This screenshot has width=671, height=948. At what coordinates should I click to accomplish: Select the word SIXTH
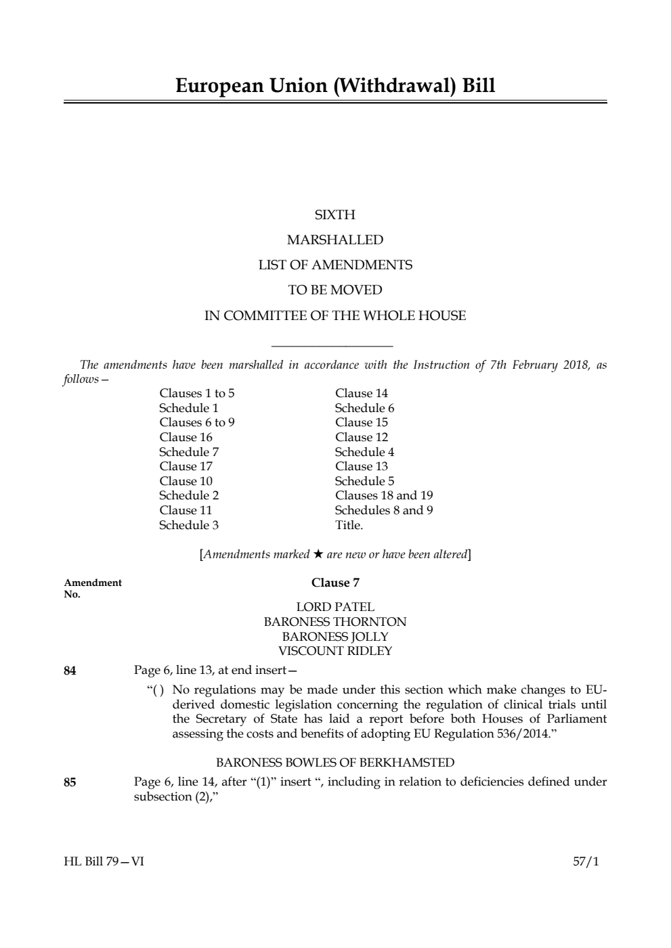[335, 215]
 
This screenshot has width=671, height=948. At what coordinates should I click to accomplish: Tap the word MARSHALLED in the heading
[335, 240]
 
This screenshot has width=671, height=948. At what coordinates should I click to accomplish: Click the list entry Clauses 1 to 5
[197, 393]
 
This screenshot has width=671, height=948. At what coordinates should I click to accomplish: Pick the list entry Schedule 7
[189, 452]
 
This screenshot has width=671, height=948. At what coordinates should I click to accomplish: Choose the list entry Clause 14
[362, 393]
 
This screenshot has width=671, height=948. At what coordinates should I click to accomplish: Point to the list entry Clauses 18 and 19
[384, 495]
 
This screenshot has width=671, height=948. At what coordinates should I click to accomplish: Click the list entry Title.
[349, 525]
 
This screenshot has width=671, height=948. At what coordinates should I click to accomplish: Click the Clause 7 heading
[335, 583]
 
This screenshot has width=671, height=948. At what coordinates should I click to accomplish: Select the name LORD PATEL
[335, 607]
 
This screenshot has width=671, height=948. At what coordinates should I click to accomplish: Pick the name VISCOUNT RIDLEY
[335, 651]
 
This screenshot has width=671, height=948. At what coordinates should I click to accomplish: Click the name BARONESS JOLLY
[335, 637]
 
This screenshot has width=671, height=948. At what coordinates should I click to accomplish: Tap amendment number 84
[70, 671]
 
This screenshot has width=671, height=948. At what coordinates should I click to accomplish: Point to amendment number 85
[70, 783]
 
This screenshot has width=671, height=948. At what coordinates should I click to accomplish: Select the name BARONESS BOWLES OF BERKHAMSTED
[335, 763]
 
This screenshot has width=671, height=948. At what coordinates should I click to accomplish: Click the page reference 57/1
[586, 862]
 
